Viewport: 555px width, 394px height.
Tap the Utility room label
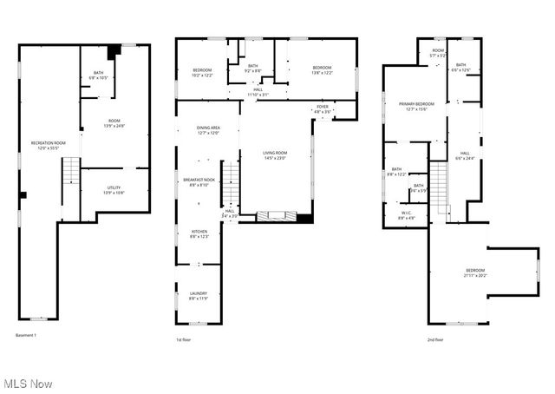tap(114, 188)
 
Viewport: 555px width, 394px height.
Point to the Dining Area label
tap(207, 131)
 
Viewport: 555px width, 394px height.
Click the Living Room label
tap(275, 154)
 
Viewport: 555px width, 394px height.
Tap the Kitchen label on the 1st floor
tap(199, 233)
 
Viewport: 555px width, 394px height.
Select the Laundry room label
tap(199, 296)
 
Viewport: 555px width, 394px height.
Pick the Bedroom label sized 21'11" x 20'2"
tap(475, 273)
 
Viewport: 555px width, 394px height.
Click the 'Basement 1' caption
tap(28, 334)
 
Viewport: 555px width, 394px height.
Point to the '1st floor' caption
tap(182, 339)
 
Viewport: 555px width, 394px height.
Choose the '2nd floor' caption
tap(435, 339)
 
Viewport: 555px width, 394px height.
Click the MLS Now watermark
tap(27, 383)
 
